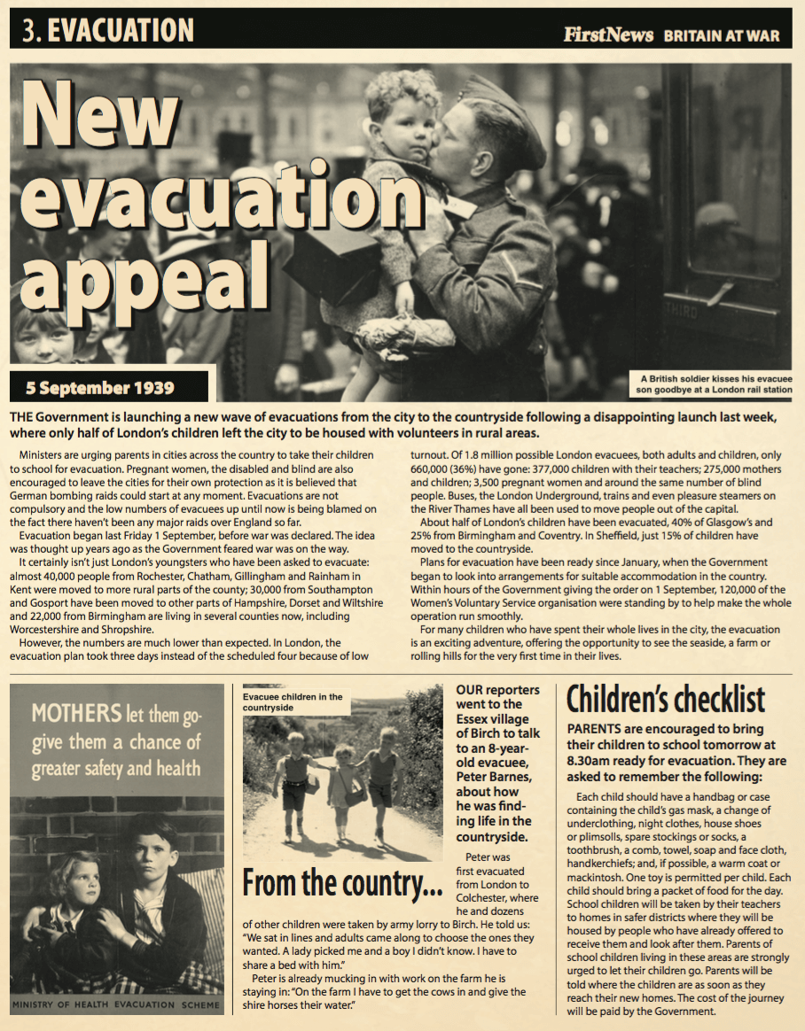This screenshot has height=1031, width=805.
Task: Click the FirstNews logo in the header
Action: [x=607, y=35]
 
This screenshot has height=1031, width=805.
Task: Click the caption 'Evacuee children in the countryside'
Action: [x=293, y=702]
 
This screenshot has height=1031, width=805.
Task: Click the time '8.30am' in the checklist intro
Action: [x=593, y=760]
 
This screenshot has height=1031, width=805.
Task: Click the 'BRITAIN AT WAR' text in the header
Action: [x=722, y=36]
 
